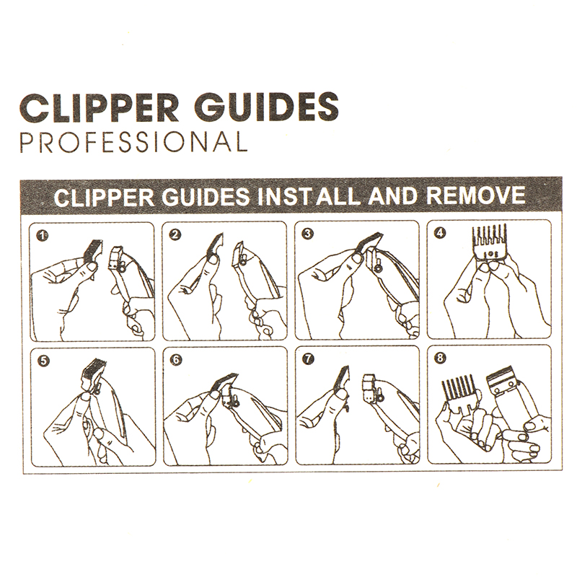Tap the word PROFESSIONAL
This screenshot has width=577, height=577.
coord(133,141)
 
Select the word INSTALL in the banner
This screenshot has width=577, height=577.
coord(309,196)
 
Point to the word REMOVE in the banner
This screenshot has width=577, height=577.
coord(475,195)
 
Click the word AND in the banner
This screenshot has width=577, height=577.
coord(393,195)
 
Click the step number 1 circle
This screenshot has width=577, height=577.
coord(43,236)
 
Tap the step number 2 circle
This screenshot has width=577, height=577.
coord(176,234)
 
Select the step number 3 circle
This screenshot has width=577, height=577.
coord(309,233)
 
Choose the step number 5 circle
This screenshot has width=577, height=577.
coord(43,361)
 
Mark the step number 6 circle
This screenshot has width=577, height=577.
coord(176,359)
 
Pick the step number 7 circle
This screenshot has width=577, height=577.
coord(309,358)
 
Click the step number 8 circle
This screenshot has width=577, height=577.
coord(440,358)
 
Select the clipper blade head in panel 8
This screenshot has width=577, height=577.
coord(501,381)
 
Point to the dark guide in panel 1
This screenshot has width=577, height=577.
coord(92,250)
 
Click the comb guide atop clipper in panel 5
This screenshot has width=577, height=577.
coord(92,372)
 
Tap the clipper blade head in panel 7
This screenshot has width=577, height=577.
coord(371,387)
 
